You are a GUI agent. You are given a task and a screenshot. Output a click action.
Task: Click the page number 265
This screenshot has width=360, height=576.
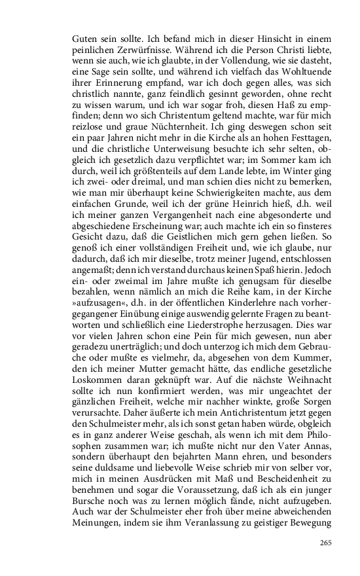(326, 543)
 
